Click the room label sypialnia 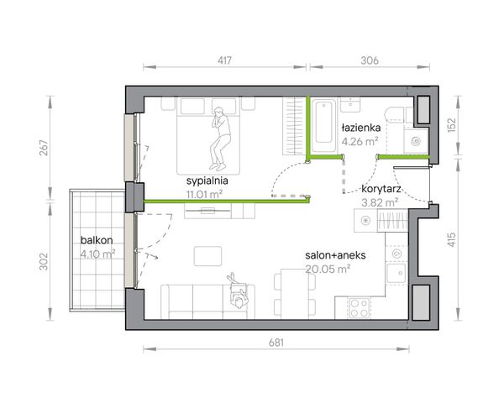point(207,181)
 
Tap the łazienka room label point(361,128)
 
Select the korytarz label point(381,189)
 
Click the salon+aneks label point(335,255)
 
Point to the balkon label point(97,240)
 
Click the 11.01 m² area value point(204,195)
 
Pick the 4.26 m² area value point(360,141)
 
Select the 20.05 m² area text point(328,269)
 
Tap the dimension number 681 point(276,343)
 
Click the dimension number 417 point(224,60)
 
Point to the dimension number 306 point(370,60)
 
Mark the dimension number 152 point(452,125)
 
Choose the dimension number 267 point(44,148)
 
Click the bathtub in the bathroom point(323,125)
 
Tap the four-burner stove point(359,308)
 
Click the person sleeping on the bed point(220,139)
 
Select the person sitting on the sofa point(238,291)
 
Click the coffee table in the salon point(207,256)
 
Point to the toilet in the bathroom point(394,114)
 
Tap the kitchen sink point(396,273)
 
